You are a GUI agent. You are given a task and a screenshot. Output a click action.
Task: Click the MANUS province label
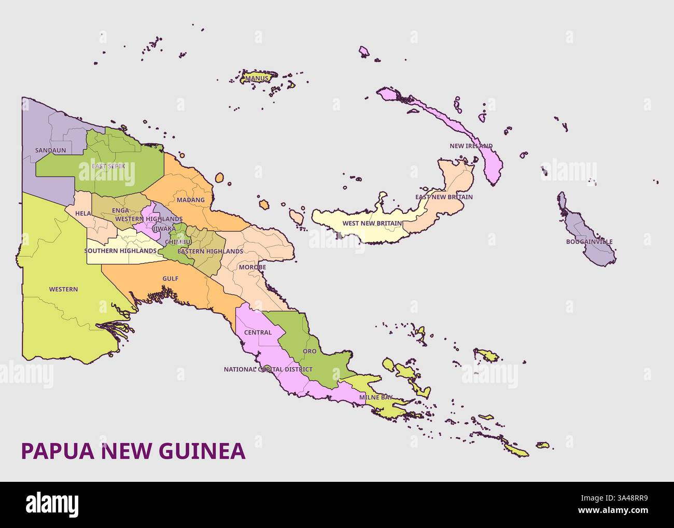tap(257, 79)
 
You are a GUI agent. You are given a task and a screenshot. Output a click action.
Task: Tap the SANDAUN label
tap(47, 150)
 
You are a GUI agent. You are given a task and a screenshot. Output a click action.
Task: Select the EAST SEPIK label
tap(105, 166)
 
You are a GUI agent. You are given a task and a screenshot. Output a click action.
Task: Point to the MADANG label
tap(190, 200)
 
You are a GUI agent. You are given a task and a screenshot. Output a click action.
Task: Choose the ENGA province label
tap(120, 211)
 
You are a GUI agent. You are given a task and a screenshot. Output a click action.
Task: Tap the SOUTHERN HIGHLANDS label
tap(120, 251)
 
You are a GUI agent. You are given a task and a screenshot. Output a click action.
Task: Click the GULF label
tap(170, 279)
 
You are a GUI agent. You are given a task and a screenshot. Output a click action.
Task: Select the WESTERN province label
tap(63, 289)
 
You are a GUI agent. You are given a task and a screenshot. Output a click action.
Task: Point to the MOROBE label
tap(252, 268)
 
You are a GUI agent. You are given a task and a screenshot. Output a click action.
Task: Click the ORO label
tap(309, 352)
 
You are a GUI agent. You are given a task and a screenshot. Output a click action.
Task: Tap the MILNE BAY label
tap(375, 398)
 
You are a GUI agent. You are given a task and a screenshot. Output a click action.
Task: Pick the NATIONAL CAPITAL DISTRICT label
tap(268, 370)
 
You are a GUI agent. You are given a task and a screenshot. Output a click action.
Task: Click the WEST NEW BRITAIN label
tap(372, 224)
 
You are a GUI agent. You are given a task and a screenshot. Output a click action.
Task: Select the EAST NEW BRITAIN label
tap(444, 197)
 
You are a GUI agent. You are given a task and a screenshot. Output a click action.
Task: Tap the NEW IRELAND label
tap(471, 146)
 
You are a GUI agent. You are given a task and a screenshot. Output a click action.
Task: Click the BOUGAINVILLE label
tap(589, 242)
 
